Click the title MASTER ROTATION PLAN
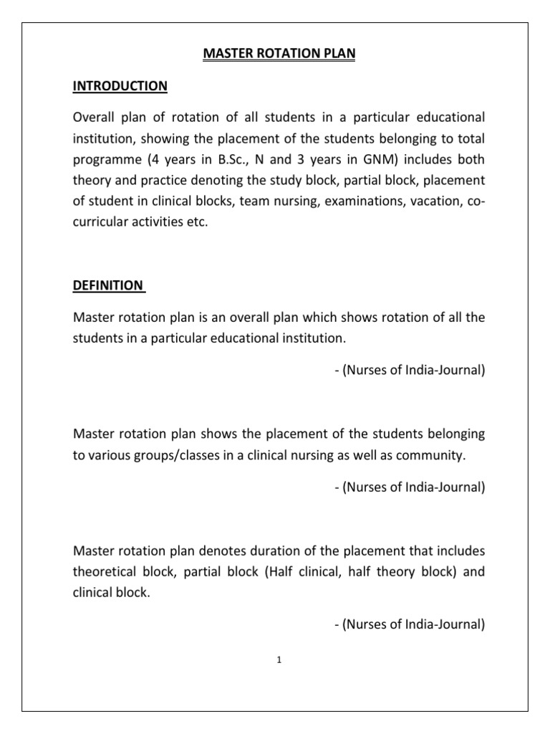click(275, 54)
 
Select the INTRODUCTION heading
click(120, 86)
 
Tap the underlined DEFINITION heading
click(108, 285)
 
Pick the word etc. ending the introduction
click(197, 223)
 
